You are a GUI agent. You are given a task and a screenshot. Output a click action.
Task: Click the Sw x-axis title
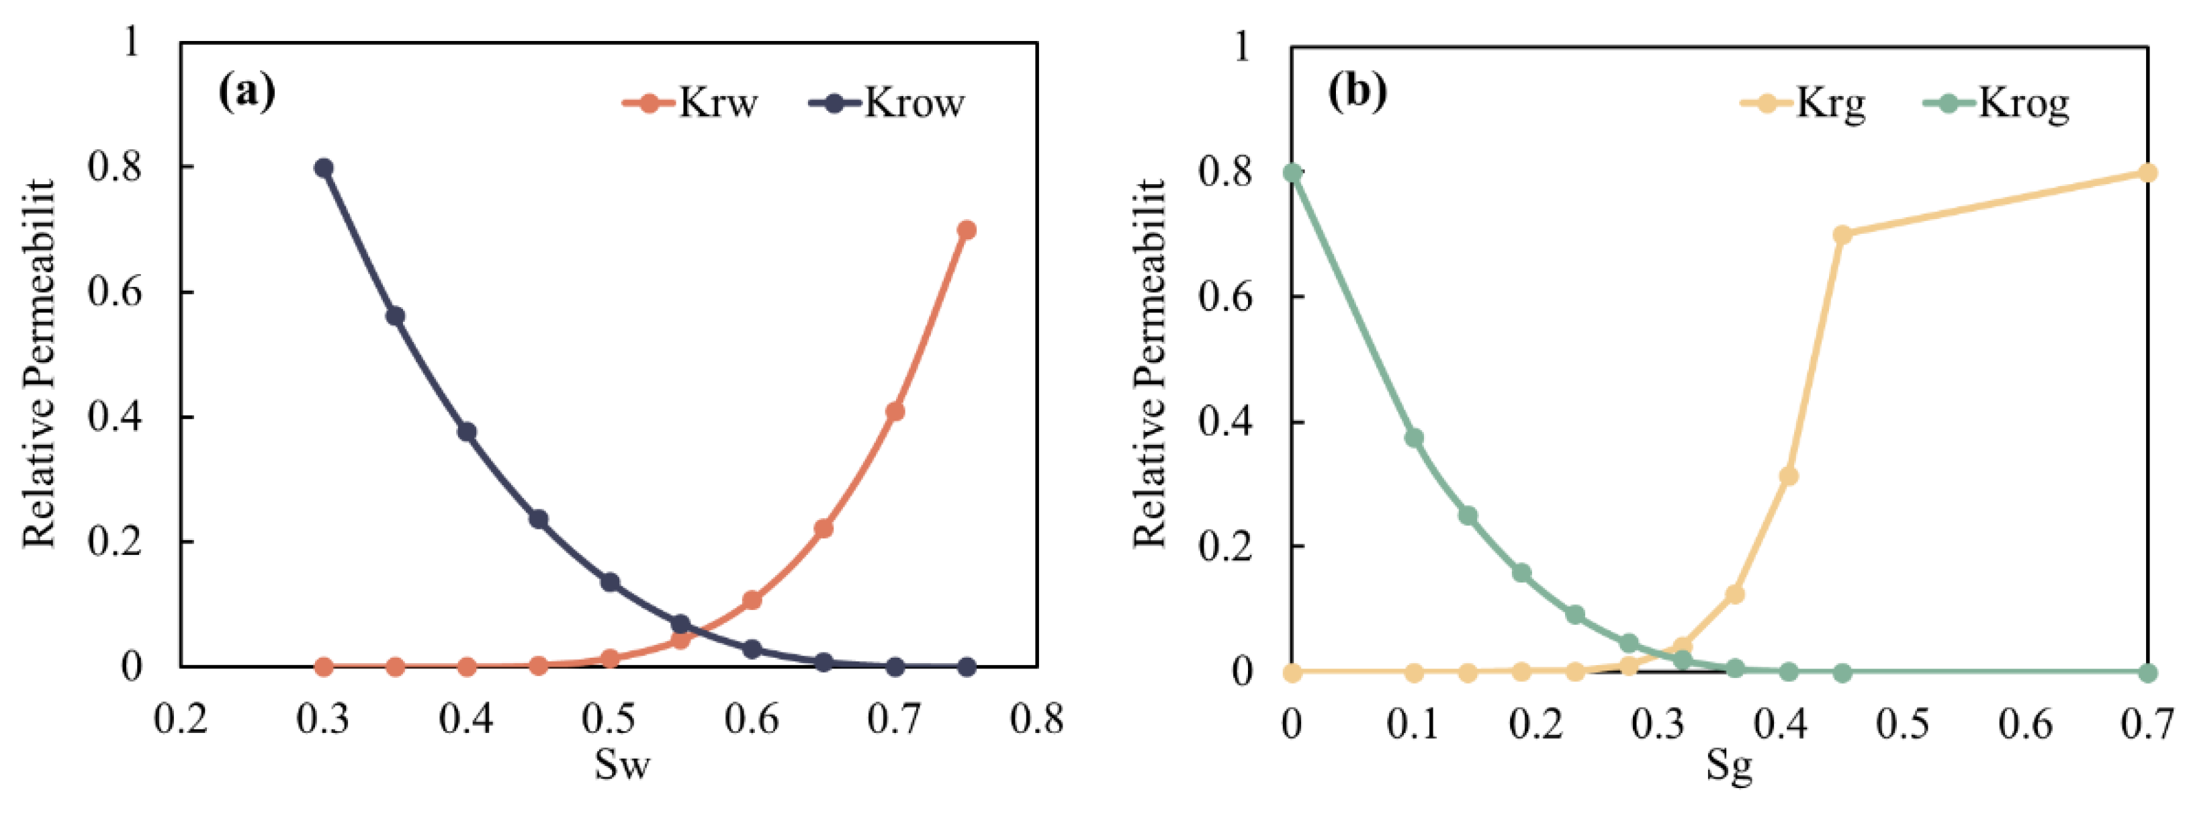(622, 764)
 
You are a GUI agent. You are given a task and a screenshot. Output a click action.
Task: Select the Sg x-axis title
(1730, 767)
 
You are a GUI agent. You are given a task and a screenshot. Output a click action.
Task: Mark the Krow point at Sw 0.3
(324, 167)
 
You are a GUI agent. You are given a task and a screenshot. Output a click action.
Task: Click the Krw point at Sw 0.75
(966, 230)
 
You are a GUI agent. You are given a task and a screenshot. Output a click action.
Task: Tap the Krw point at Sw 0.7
(895, 411)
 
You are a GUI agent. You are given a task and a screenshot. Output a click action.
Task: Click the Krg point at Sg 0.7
(2147, 173)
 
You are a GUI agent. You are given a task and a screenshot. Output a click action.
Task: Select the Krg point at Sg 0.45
(1842, 234)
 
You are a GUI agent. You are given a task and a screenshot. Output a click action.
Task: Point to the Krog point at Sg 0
(1292, 173)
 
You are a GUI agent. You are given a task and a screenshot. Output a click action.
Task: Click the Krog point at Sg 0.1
(1414, 437)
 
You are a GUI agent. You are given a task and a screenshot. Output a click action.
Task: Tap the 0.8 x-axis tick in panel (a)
(1036, 720)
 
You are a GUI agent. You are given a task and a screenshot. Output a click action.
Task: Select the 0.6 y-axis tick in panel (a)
(114, 292)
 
